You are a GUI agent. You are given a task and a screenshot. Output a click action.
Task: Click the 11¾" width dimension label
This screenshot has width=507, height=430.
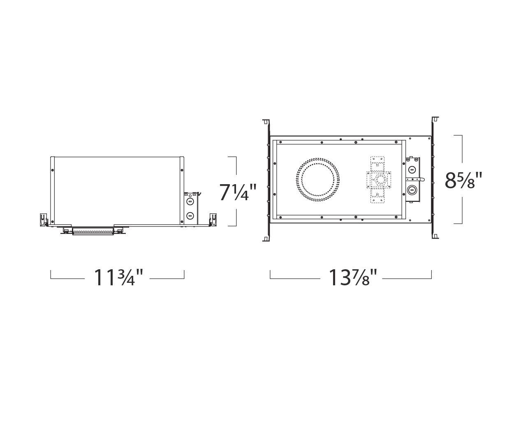pyautogui.click(x=118, y=277)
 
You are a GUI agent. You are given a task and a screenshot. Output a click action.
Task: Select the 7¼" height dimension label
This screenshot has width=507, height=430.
pyautogui.click(x=237, y=192)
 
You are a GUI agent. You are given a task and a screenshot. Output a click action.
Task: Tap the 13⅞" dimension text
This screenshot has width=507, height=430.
pyautogui.click(x=352, y=277)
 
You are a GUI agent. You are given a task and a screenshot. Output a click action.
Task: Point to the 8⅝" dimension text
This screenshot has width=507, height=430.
pyautogui.click(x=463, y=180)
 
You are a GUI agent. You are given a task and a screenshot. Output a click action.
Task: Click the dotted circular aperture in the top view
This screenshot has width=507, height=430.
pyautogui.click(x=318, y=180)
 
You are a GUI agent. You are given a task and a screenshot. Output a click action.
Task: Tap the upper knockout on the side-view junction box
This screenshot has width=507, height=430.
pyautogui.click(x=190, y=201)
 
